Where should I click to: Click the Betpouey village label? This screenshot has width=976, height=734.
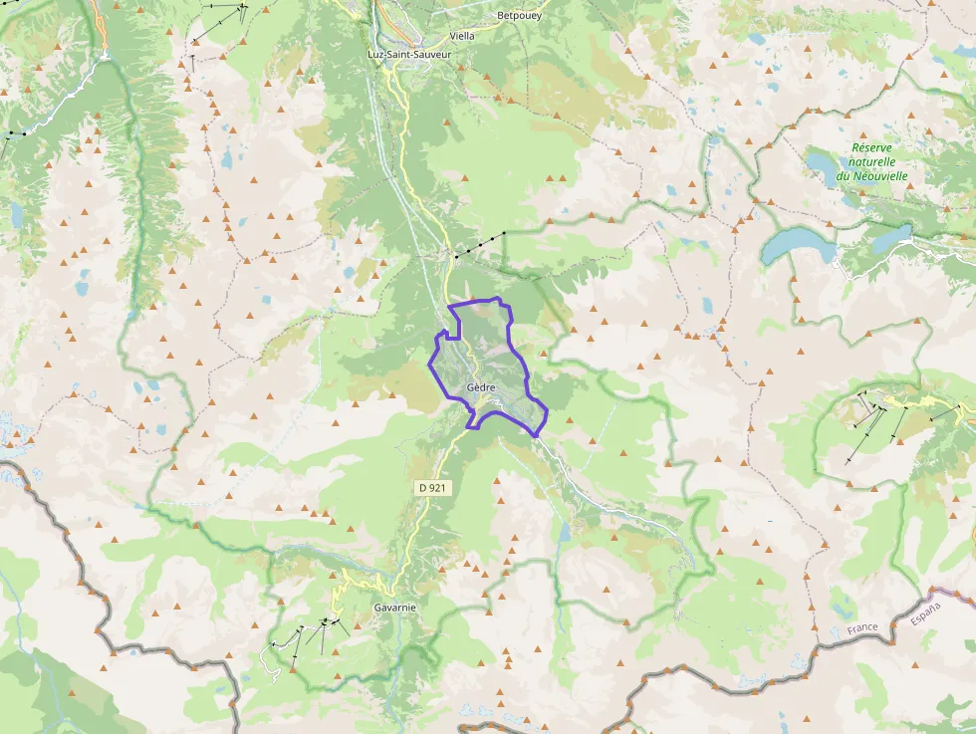[520, 16]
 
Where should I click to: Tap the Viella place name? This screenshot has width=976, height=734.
[462, 36]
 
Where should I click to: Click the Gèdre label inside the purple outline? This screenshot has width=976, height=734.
[480, 387]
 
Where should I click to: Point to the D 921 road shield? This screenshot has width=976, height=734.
[431, 487]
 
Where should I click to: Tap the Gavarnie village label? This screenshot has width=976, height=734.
[394, 607]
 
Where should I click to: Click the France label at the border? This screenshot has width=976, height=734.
[862, 629]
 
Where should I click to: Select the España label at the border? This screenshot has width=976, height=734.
[924, 613]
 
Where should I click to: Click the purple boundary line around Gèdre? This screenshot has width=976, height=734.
[510, 329]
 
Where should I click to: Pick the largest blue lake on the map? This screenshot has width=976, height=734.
[797, 244]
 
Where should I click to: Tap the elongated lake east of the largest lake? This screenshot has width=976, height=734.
[889, 239]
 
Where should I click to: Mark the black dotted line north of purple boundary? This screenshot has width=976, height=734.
[480, 244]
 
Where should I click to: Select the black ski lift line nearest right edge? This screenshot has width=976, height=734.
[945, 412]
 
